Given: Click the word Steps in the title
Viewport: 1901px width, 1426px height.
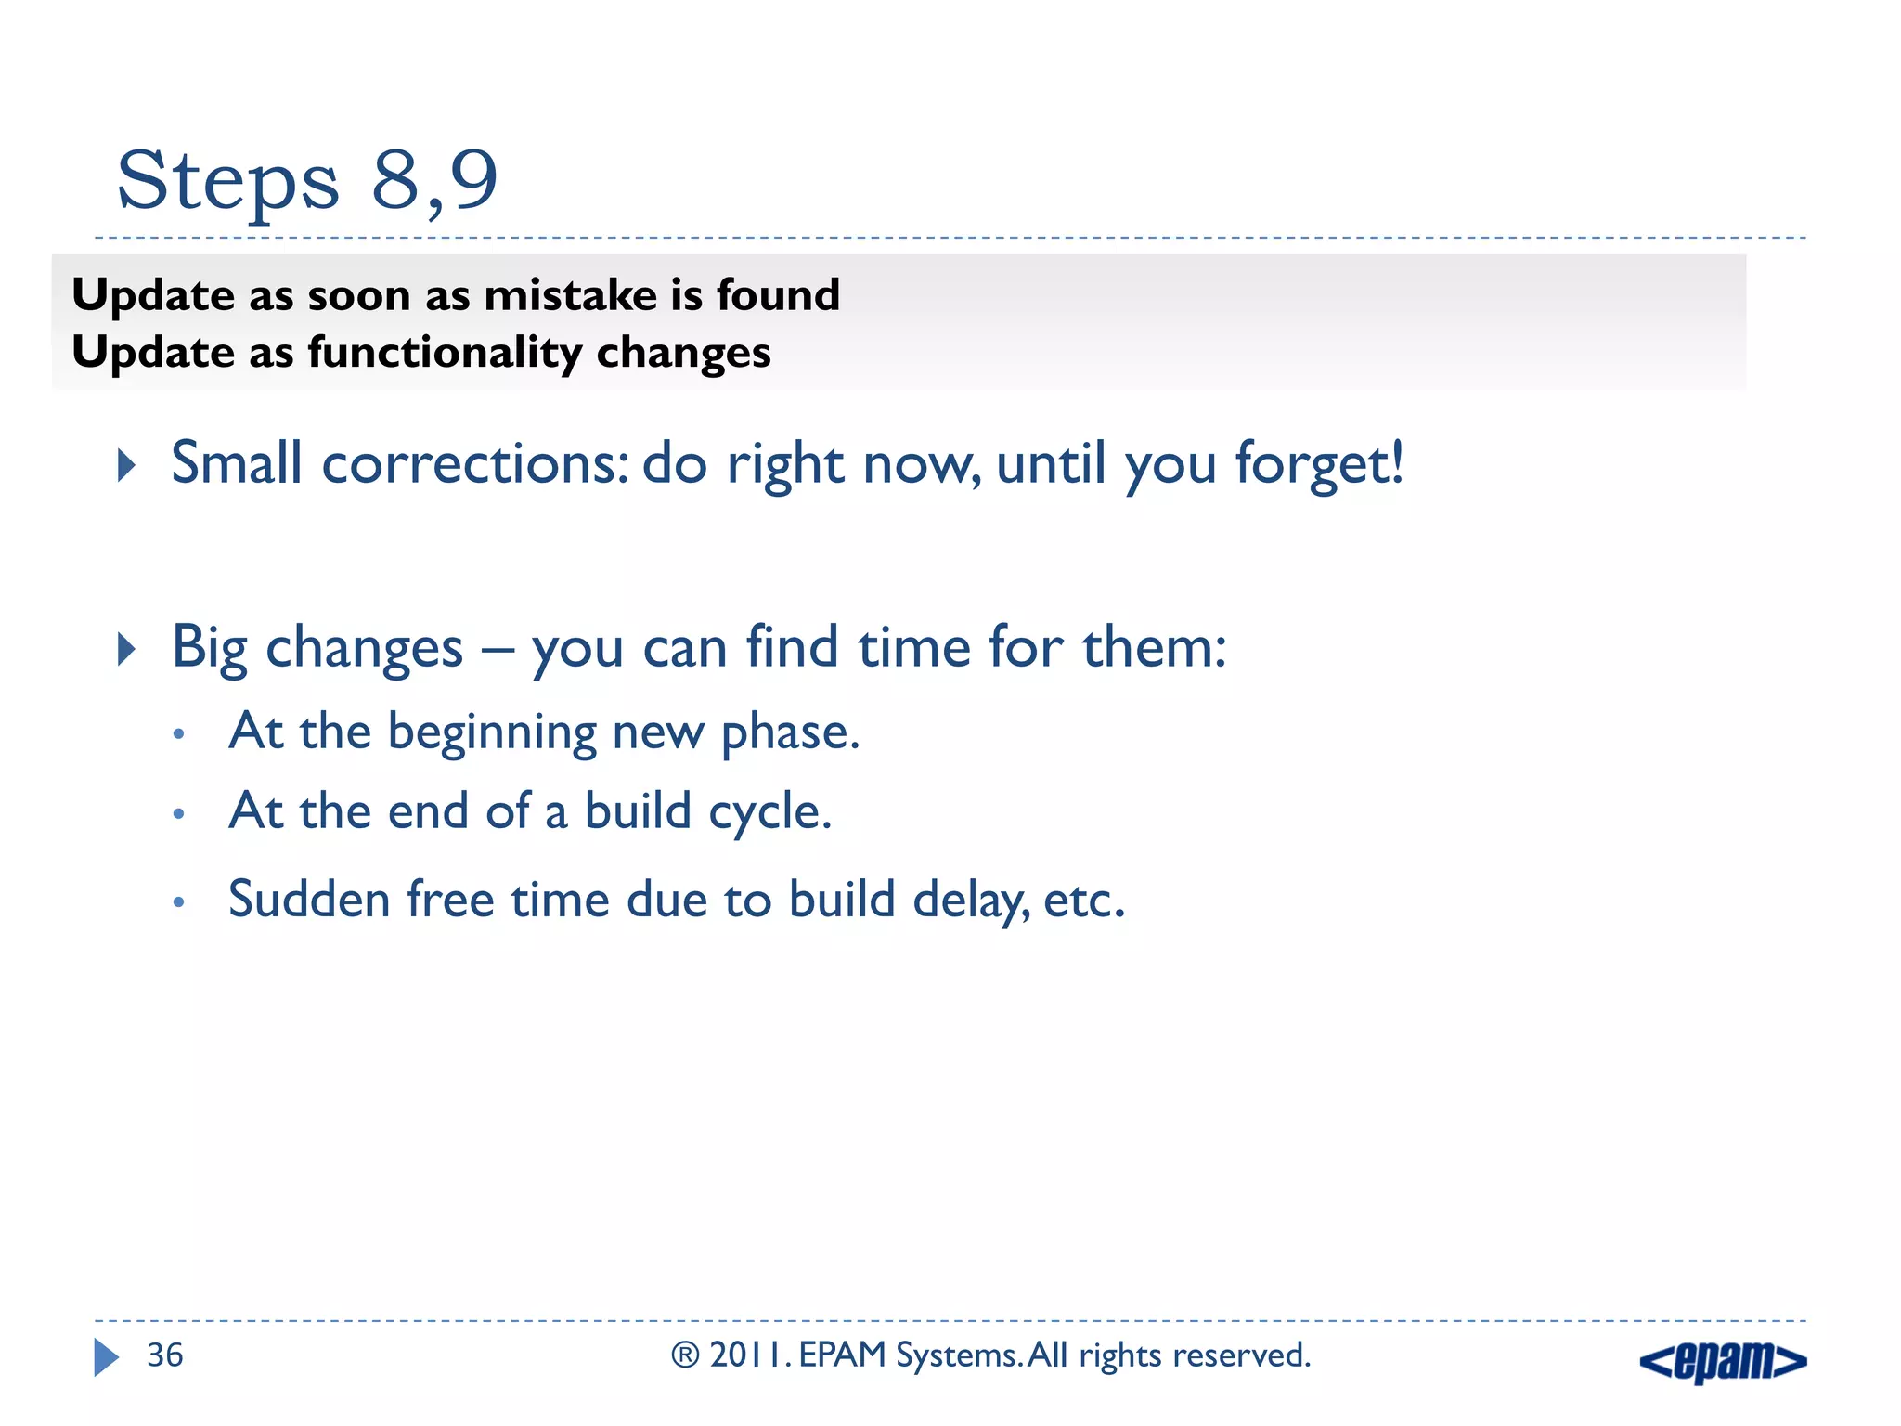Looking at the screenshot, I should click(228, 181).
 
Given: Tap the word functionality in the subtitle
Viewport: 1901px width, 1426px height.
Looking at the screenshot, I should click(445, 354).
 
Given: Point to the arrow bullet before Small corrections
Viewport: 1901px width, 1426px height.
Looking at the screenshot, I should click(127, 464).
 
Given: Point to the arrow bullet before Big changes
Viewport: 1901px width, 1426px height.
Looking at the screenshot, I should click(127, 649).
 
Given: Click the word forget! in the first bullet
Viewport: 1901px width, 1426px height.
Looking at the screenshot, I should click(1319, 463).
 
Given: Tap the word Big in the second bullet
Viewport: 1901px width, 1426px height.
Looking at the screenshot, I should click(209, 648).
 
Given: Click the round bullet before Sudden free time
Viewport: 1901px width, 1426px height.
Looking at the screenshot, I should click(179, 901).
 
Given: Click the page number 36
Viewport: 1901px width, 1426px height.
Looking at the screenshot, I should click(165, 1355).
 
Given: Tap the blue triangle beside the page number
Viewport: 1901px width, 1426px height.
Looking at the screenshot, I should click(106, 1357).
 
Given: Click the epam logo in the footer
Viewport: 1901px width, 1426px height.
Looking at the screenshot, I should click(1723, 1362).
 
